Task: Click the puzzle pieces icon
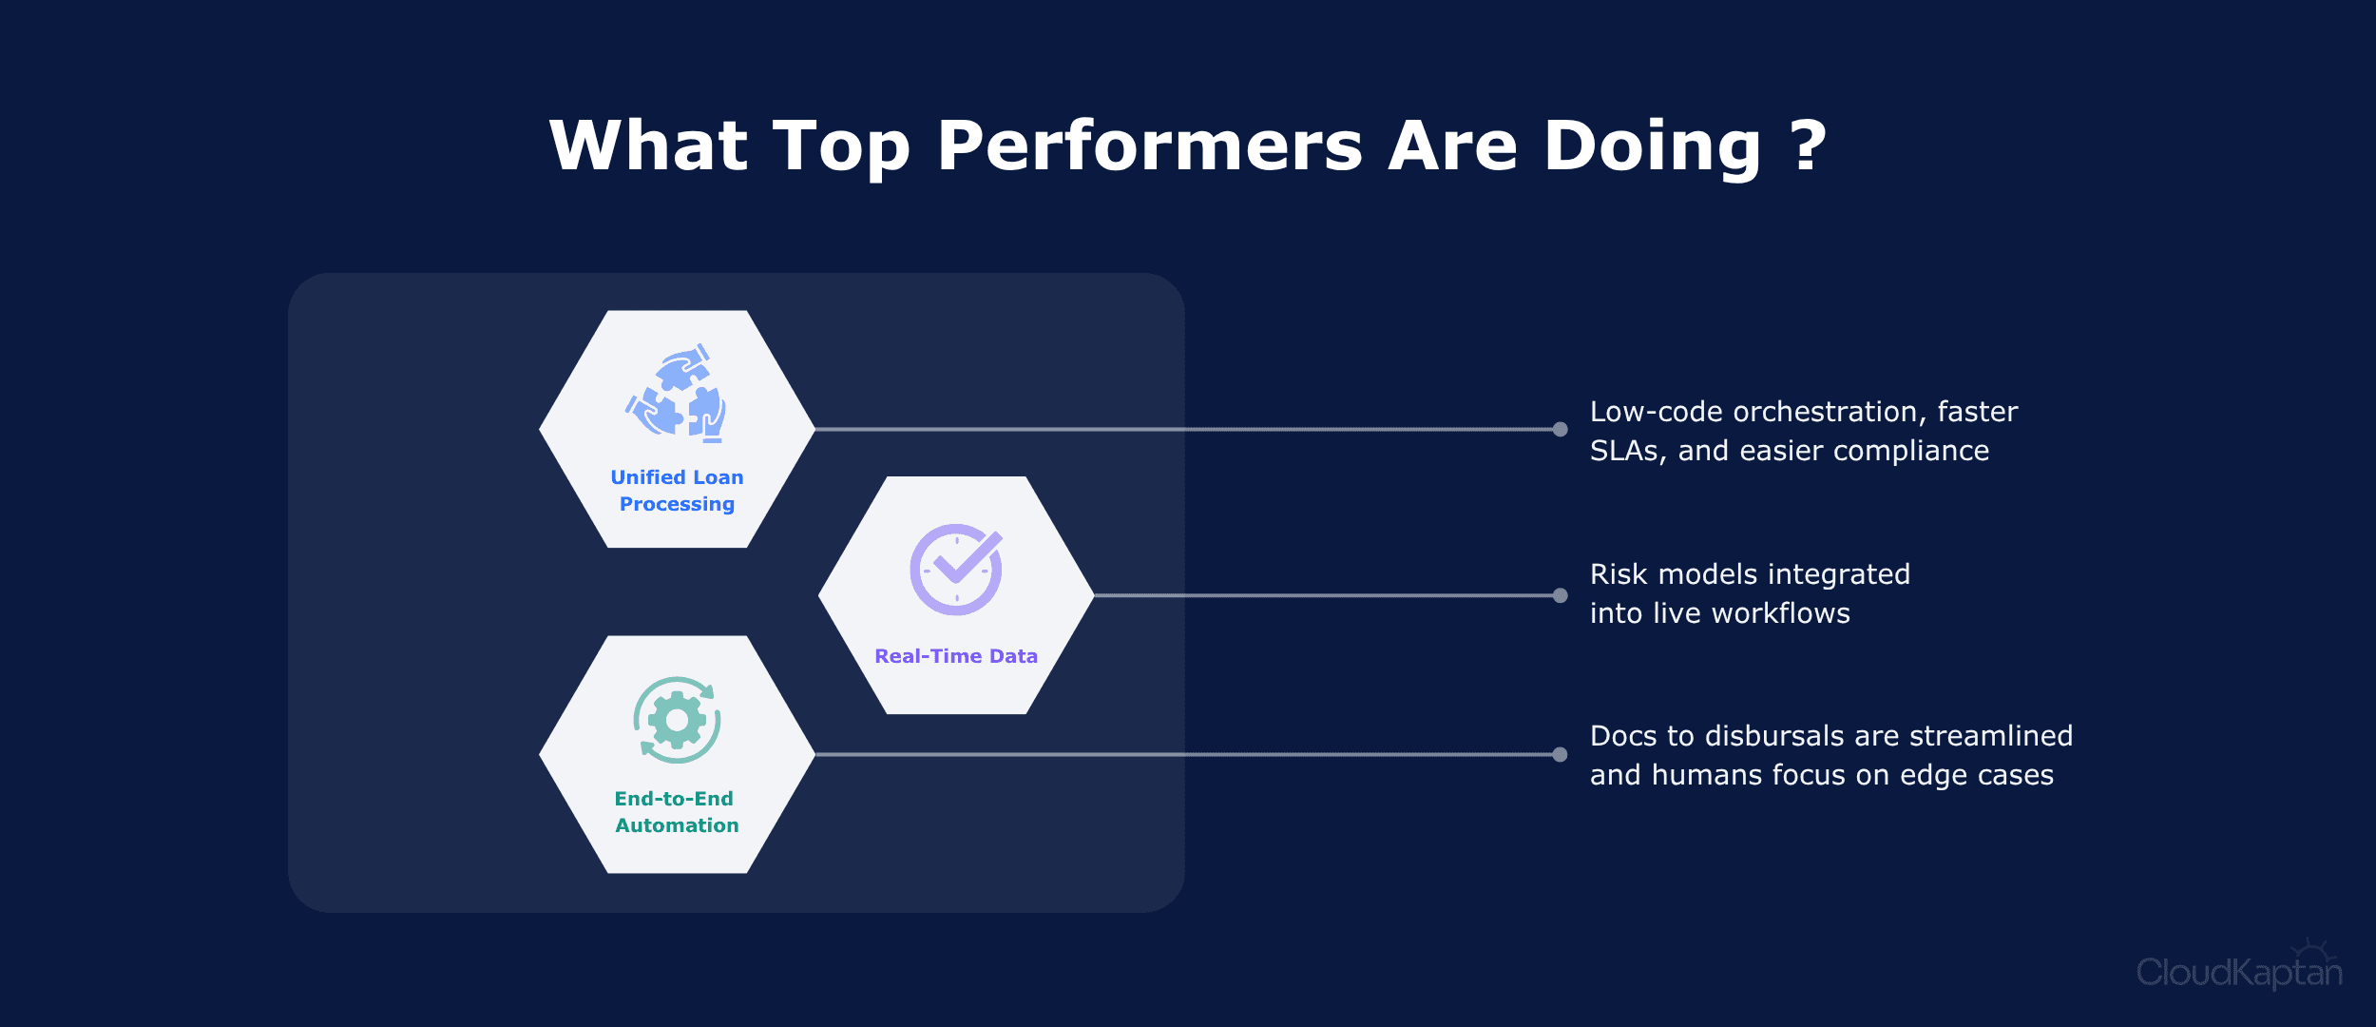pyautogui.click(x=677, y=394)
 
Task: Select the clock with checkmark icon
pyautogui.click(x=956, y=569)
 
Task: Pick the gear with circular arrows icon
pyautogui.click(x=677, y=720)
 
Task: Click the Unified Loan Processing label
pyautogui.click(x=677, y=491)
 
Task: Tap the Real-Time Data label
pyautogui.click(x=956, y=656)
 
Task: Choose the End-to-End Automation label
pyautogui.click(x=677, y=812)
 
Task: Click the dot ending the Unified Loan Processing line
pyautogui.click(x=1560, y=429)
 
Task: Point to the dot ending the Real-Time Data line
pyautogui.click(x=1560, y=595)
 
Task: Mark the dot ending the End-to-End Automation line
pyautogui.click(x=1560, y=754)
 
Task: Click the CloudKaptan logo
pyautogui.click(x=2239, y=966)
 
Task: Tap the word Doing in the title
pyautogui.click(x=1653, y=148)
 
